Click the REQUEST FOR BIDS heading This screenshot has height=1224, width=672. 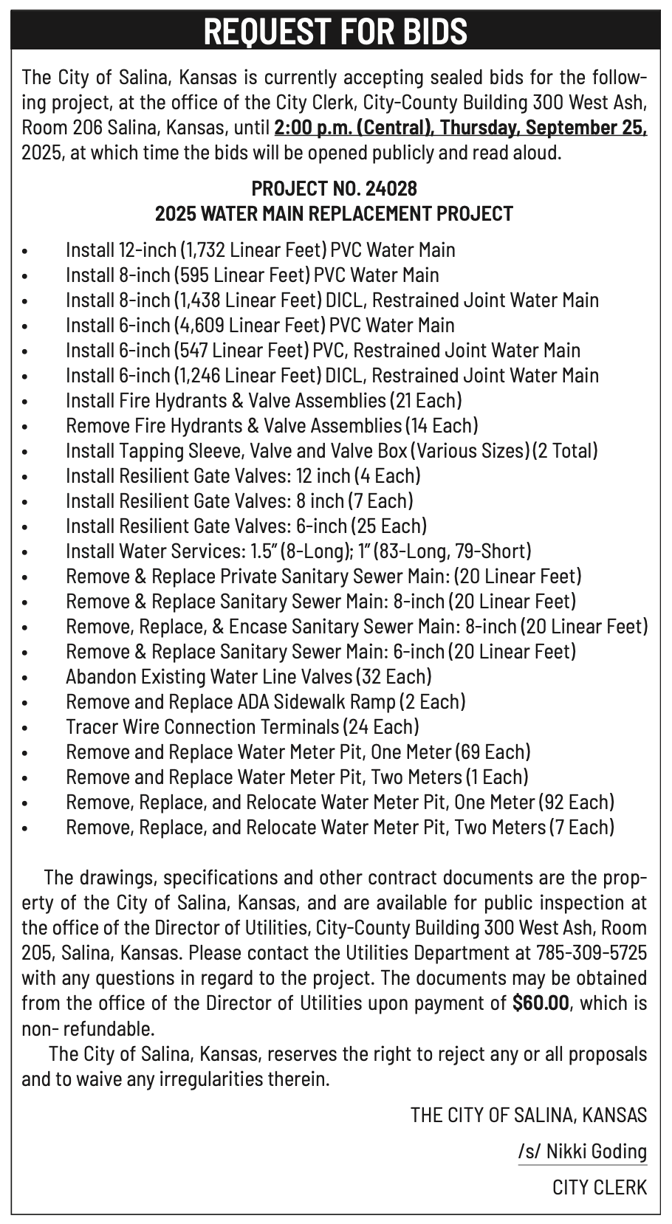335,30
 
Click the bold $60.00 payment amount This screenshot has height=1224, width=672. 541,1003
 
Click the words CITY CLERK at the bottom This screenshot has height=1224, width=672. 600,1186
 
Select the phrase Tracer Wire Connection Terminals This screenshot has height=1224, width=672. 202,727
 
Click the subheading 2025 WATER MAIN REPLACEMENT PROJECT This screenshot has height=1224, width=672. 334,214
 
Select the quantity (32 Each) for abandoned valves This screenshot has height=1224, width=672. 394,677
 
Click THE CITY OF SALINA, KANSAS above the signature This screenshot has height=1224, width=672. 529,1115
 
